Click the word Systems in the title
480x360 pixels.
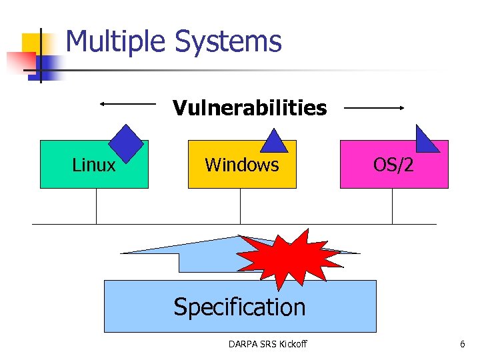[228, 42]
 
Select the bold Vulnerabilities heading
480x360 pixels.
[249, 107]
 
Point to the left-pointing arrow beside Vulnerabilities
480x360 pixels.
[127, 103]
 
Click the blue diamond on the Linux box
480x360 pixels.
[127, 143]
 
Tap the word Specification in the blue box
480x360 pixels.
[239, 307]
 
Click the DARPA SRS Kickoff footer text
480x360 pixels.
[267, 344]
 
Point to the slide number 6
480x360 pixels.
[462, 344]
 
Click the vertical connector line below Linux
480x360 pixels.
[96, 206]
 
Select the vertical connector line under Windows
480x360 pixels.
[240, 206]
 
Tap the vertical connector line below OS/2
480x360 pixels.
[392, 206]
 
